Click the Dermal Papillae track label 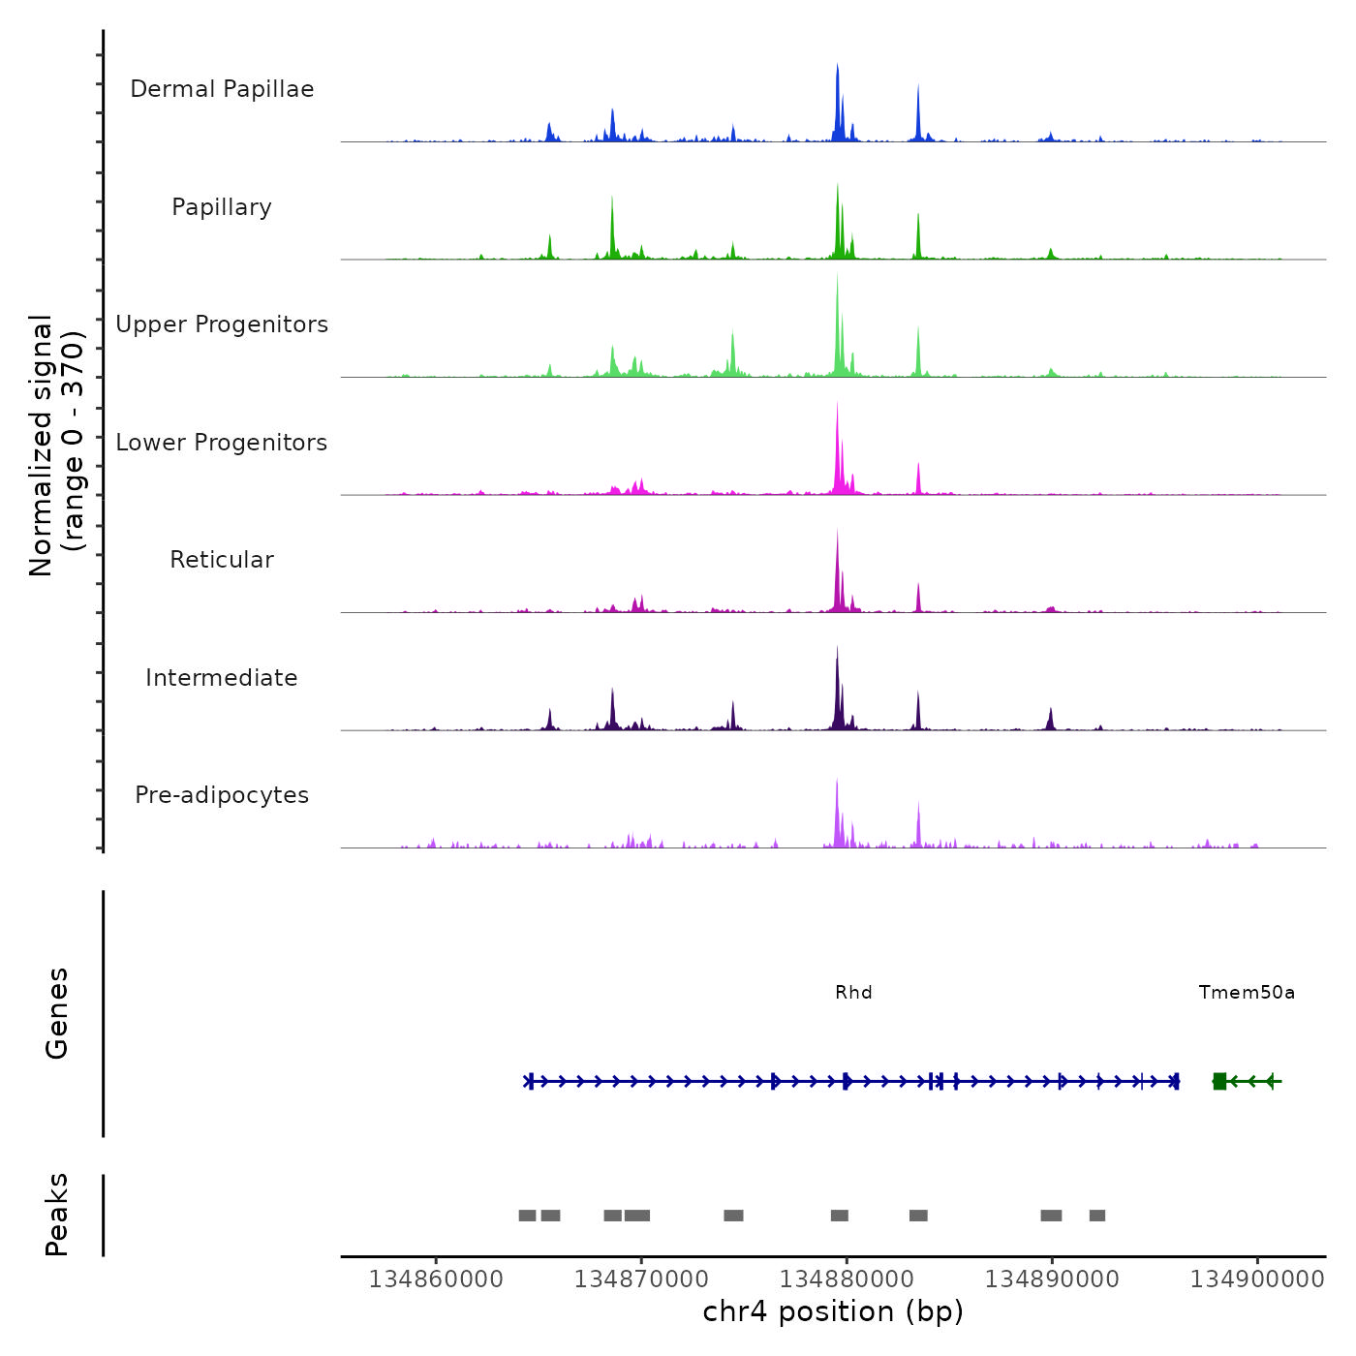(222, 89)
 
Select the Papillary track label (222, 207)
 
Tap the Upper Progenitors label (222, 324)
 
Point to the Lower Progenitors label (222, 443)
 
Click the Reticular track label (222, 560)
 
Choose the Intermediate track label (222, 678)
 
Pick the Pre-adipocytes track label (222, 795)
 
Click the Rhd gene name (853, 993)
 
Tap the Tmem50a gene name (1247, 993)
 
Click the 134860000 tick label (436, 1279)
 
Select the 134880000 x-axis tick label (847, 1279)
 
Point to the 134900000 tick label (1257, 1279)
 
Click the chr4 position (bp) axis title (833, 1312)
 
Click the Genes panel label (57, 1013)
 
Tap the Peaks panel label (57, 1215)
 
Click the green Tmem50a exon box (1219, 1081)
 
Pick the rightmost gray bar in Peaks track (1097, 1216)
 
